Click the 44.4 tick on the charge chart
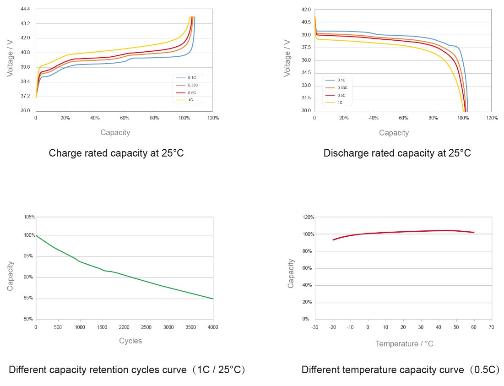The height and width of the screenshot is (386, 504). pos(25,9)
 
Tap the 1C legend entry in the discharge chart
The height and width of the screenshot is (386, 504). pos(340,103)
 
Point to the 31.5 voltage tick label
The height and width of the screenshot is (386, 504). pos(306,98)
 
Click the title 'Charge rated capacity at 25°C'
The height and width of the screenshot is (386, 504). pos(116,153)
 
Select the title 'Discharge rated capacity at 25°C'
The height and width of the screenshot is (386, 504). pos(397,153)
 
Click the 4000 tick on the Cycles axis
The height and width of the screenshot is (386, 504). pos(213,327)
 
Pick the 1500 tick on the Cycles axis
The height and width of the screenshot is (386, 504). pos(102,327)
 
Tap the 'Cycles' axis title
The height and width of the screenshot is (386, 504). pos(130,341)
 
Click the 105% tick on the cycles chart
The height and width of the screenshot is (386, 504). pos(29,217)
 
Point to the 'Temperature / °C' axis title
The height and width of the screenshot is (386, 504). pos(404,343)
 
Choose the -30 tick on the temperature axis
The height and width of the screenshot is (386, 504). pos(314,327)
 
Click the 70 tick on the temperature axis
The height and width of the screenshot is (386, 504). pos(491,327)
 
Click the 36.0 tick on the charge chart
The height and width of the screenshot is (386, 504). pos(25,111)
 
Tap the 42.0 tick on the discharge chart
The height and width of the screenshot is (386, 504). pos(306,10)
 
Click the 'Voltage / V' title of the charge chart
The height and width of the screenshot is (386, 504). pos(10,60)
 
